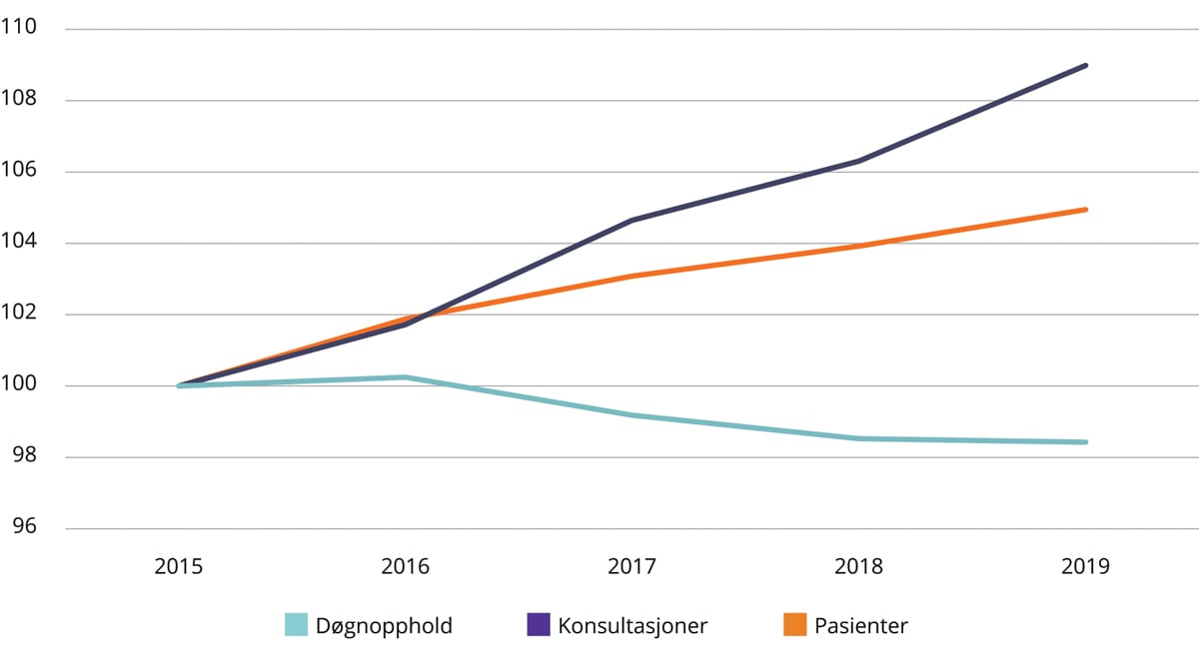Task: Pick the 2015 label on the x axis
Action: click(179, 566)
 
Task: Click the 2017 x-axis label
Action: click(632, 566)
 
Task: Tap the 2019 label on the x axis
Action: click(1086, 566)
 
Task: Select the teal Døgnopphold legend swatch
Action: click(297, 625)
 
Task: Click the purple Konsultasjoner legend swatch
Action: click(538, 625)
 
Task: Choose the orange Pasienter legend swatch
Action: click(794, 625)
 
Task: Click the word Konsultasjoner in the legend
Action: click(632, 626)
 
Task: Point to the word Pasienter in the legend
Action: click(860, 626)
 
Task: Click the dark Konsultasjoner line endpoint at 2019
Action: click(1085, 66)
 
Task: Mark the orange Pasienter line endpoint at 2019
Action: click(1085, 210)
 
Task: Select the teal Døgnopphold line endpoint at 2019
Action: click(1085, 442)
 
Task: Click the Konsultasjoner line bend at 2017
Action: click(632, 220)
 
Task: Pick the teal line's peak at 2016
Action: click(406, 377)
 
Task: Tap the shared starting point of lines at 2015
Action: click(180, 385)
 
